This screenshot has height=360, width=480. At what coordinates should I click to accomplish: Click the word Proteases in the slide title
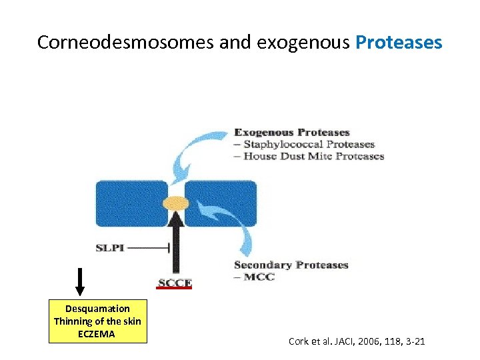(399, 43)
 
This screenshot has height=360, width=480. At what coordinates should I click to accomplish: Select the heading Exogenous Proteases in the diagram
(291, 132)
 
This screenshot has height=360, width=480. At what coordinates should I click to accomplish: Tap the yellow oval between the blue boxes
(176, 202)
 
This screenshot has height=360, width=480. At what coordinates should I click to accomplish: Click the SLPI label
(110, 248)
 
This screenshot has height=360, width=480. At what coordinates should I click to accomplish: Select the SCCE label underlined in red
(175, 283)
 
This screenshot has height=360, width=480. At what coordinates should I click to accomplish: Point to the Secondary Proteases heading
(291, 265)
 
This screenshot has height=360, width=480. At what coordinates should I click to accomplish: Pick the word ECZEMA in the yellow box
(97, 333)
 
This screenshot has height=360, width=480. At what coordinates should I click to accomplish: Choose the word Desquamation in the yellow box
(97, 309)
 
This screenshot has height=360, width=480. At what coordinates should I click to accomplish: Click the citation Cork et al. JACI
(356, 342)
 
